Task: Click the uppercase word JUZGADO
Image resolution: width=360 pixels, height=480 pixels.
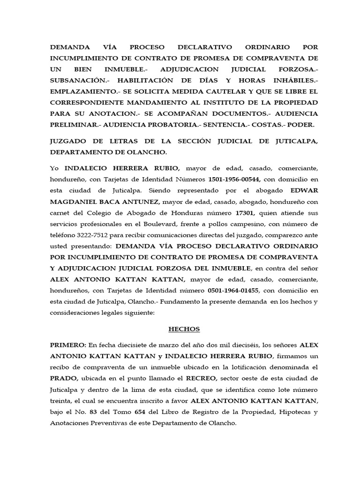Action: pyautogui.click(x=71, y=142)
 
